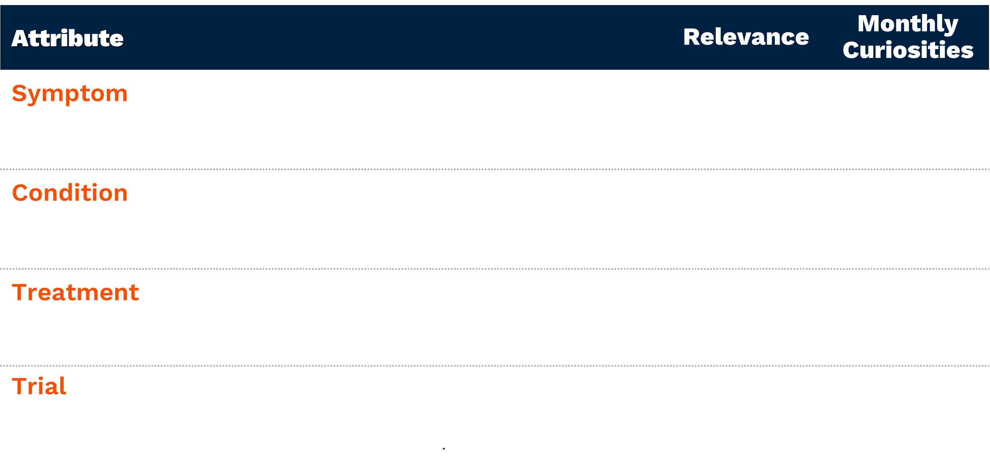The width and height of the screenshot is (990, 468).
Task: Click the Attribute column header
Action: point(68,38)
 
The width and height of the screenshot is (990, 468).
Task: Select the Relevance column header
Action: point(746,37)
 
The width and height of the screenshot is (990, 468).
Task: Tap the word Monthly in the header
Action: point(908,24)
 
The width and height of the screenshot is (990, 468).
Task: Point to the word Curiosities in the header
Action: point(908,50)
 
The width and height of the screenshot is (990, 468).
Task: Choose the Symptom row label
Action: point(70,94)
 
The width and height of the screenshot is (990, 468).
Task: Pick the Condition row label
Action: point(70,193)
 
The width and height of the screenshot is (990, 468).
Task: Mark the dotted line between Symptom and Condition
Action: point(495,169)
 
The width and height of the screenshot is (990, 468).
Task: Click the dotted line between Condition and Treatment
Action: point(495,269)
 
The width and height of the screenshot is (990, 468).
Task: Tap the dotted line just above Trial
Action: point(495,366)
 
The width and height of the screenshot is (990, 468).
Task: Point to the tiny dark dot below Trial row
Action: point(443,448)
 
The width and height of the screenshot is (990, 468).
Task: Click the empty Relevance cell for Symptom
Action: point(746,120)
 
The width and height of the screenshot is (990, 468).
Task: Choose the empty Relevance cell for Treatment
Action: point(746,317)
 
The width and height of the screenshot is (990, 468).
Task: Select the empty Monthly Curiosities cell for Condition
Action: point(908,219)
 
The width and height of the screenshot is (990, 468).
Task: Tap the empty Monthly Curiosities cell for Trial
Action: point(908,415)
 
